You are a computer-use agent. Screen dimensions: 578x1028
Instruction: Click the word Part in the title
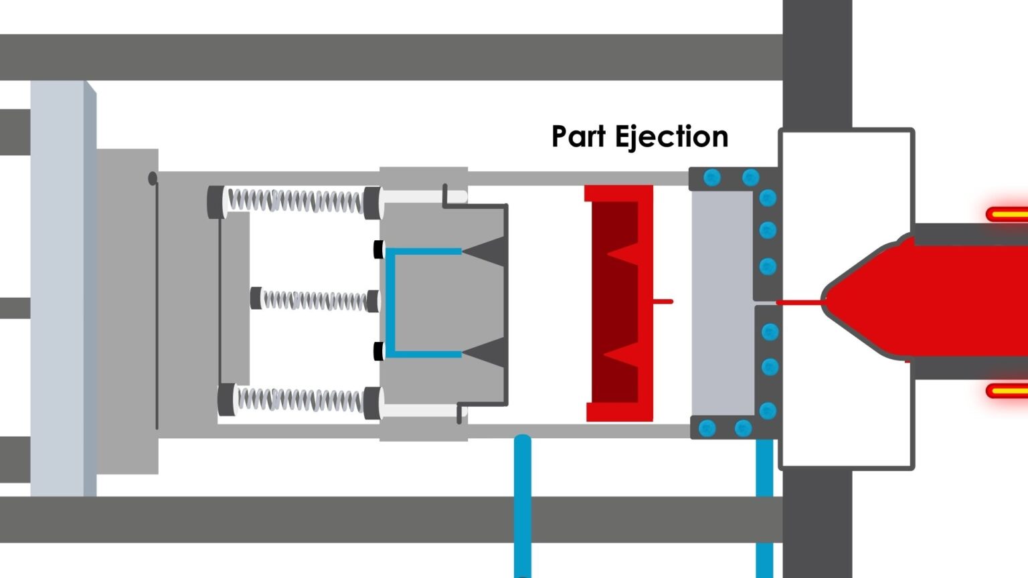578,136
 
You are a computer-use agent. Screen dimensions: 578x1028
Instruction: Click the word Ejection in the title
671,137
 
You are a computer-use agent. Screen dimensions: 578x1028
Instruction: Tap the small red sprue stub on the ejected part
663,302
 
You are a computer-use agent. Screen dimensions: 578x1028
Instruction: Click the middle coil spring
315,299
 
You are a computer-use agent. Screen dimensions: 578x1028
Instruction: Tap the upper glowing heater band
1007,215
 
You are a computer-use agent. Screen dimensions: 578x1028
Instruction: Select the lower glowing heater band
1007,391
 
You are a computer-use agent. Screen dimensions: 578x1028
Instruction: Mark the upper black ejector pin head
379,250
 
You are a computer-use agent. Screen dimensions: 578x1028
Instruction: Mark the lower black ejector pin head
379,351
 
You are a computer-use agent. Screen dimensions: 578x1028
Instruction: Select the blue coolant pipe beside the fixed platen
764,508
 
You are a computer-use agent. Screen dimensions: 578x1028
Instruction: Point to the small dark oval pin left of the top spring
153,178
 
